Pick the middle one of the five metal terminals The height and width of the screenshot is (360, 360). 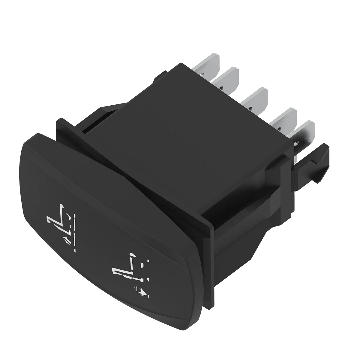tap(256, 97)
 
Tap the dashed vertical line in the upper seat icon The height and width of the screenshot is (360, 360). tap(74, 231)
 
